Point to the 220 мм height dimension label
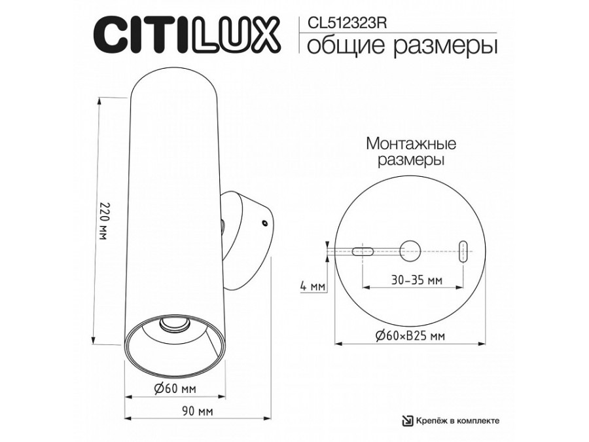(103, 221)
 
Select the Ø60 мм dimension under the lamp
(175, 389)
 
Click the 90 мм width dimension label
(198, 411)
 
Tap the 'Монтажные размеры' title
(411, 151)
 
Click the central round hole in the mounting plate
(410, 249)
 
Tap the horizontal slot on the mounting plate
(362, 250)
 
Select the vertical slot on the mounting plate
(463, 251)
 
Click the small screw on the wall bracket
(264, 223)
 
